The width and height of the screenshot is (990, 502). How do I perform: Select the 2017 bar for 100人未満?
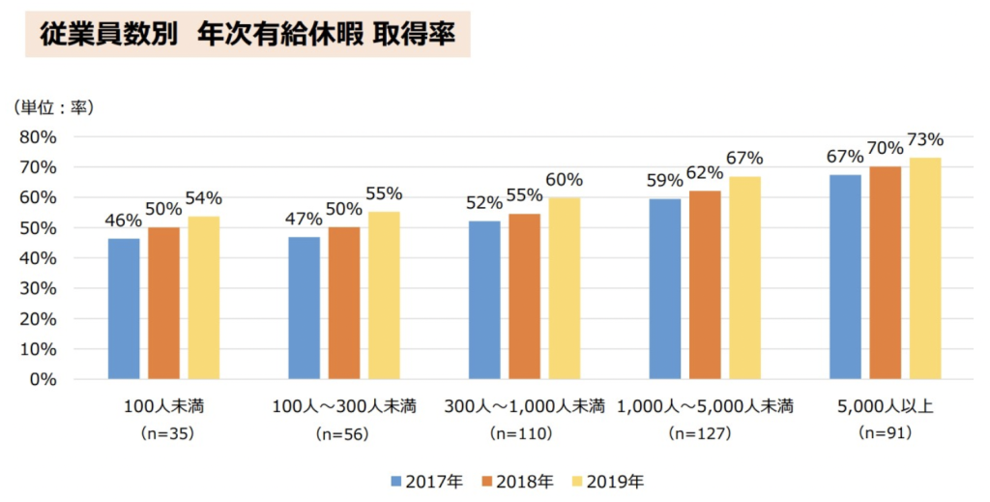click(x=124, y=309)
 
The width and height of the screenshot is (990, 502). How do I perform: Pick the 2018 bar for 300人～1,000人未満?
click(x=524, y=296)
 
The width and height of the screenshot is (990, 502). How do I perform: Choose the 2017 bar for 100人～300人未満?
click(x=305, y=308)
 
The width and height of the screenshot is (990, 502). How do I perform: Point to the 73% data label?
click(x=925, y=140)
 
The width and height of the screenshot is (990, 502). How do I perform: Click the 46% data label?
click(x=123, y=221)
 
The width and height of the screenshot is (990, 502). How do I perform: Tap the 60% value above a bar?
click(x=564, y=180)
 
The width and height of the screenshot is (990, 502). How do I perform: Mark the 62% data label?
click(x=705, y=173)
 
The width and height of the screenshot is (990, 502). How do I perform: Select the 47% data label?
click(x=304, y=220)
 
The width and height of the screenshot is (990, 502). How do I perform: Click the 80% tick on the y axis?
click(x=38, y=136)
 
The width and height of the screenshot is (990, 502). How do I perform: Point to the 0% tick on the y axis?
click(x=43, y=379)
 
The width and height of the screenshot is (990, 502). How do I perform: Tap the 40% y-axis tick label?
click(x=38, y=258)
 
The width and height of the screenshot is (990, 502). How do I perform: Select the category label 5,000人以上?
click(x=885, y=405)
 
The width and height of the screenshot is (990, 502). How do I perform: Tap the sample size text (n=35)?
click(x=163, y=434)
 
